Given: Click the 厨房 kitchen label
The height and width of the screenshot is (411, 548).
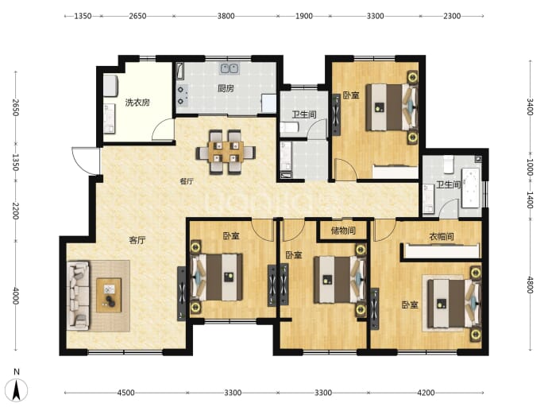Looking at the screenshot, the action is click(226, 88).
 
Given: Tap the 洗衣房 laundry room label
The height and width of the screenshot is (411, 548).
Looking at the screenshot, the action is click(137, 103).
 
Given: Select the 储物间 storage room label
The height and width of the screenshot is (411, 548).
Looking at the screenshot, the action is click(343, 231).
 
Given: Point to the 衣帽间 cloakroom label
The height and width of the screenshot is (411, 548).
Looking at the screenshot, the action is click(441, 237).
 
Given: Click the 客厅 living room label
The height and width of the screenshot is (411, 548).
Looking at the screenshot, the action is click(137, 240).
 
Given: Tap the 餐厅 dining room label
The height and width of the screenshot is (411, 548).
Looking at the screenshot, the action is click(187, 181).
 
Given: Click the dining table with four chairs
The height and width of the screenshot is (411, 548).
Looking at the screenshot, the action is click(226, 152).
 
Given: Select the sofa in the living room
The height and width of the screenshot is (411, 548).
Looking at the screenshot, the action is click(79, 295).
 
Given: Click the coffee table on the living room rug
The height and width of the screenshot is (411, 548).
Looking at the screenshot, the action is click(109, 295).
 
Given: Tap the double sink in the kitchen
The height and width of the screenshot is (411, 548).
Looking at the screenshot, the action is click(230, 69).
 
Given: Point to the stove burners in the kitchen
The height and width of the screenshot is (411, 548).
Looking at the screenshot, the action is click(182, 95).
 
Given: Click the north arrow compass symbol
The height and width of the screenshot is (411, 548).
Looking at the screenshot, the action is click(17, 389).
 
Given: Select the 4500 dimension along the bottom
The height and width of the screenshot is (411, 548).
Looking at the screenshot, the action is click(125, 393).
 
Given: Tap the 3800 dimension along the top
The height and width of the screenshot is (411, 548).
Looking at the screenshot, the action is click(226, 16).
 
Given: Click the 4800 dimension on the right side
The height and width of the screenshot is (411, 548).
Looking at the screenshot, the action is click(531, 285).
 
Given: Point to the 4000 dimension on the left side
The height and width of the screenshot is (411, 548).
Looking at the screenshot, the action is click(16, 296).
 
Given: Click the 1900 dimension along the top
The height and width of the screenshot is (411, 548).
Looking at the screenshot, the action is click(304, 16).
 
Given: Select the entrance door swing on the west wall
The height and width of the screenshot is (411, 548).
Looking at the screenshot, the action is click(85, 161).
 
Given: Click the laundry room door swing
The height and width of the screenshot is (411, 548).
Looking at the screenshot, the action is click(163, 129).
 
